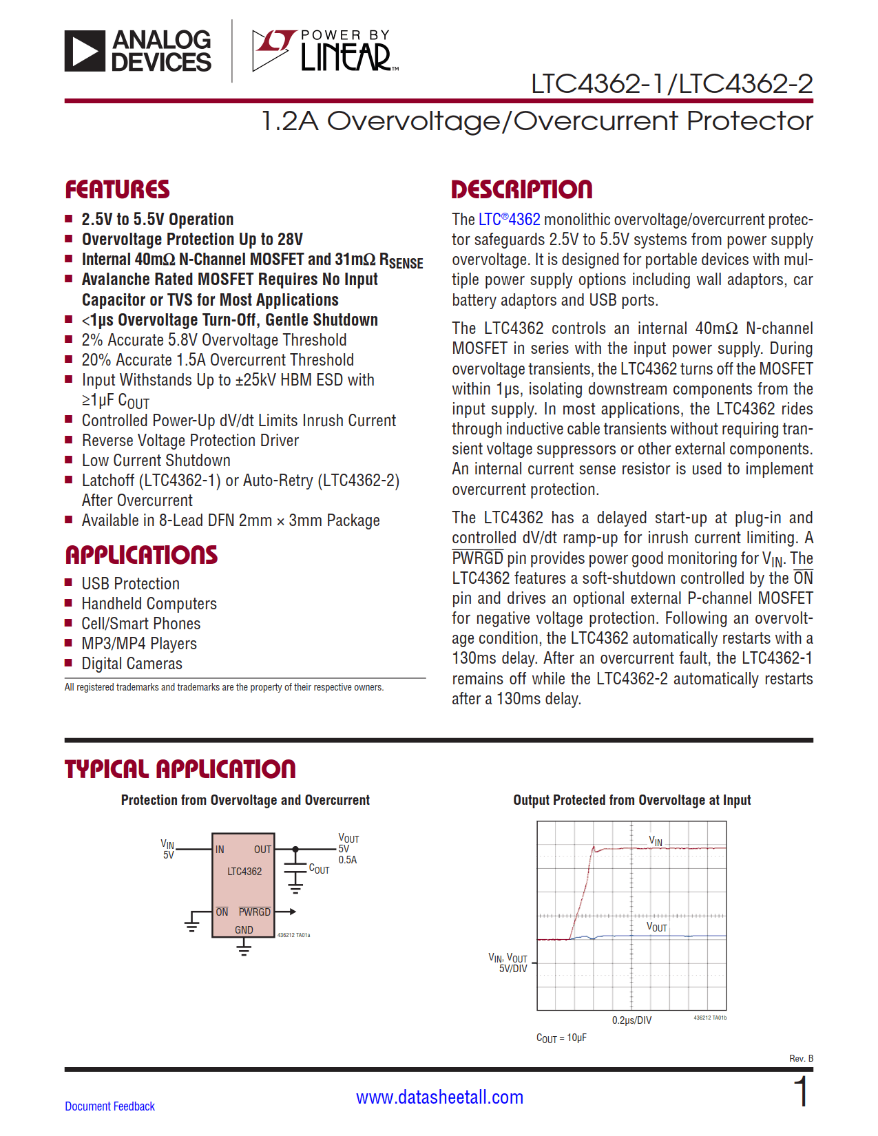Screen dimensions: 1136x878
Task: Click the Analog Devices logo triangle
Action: coord(85,51)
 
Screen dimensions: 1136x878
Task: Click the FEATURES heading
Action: coord(117,190)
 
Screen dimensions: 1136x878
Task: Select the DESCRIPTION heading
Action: coord(521,190)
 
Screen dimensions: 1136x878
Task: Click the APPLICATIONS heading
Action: coord(141,555)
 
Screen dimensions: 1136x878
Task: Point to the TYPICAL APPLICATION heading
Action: coord(180,769)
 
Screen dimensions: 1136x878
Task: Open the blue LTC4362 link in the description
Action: coord(510,220)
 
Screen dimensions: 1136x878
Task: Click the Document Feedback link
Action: coord(109,1106)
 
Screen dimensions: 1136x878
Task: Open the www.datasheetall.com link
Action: coord(439,1097)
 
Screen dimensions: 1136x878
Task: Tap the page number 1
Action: coord(801,1093)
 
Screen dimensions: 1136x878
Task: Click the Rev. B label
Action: coord(801,1058)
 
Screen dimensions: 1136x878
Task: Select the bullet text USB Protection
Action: coord(130,584)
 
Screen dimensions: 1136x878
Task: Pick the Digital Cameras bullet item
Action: coord(132,664)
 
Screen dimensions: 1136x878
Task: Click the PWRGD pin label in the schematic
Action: coord(254,912)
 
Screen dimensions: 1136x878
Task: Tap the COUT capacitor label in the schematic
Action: coord(319,870)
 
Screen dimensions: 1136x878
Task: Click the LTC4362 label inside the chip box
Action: coord(244,872)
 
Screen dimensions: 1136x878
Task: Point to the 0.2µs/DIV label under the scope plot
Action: coord(631,1020)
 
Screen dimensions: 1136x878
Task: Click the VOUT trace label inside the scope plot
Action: coord(656,927)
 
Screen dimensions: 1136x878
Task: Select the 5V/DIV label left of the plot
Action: coord(513,969)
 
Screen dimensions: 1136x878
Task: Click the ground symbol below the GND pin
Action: coord(244,950)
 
